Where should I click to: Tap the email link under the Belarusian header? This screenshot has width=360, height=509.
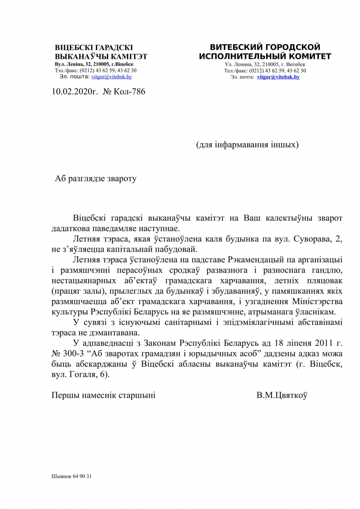click(x=112, y=76)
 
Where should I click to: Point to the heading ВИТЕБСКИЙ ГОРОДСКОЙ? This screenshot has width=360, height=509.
click(x=265, y=47)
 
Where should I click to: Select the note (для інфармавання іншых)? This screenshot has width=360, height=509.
click(x=247, y=144)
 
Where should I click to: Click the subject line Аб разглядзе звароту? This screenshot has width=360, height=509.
click(x=95, y=179)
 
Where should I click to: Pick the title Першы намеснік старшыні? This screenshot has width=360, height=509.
click(x=103, y=395)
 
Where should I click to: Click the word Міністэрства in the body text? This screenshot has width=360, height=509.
click(x=314, y=301)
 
